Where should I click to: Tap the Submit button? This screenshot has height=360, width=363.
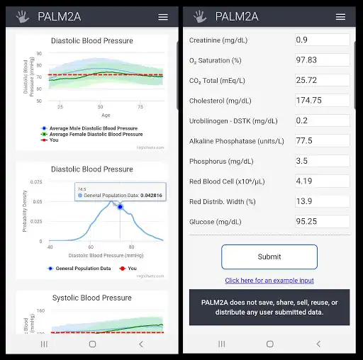coord(269,257)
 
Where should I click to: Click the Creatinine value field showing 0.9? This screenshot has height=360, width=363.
coord(322,40)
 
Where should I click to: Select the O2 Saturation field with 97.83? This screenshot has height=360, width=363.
coord(322,60)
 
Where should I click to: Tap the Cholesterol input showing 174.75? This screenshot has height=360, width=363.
coord(322,101)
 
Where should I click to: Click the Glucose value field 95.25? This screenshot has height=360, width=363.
coord(322,221)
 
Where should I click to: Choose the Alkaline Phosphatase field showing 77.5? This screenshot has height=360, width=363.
coord(322,140)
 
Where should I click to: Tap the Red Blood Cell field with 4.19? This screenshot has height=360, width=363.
coord(322,181)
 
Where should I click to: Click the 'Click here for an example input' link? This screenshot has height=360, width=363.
coord(269,281)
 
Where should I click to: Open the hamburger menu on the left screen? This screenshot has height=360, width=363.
coord(163,16)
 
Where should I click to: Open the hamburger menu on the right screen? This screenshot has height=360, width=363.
coord(340,16)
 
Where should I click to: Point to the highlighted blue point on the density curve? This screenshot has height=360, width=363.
coord(120,207)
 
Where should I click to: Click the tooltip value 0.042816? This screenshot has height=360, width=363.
coord(151,195)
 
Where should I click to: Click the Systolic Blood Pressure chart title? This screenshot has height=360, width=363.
coord(91,298)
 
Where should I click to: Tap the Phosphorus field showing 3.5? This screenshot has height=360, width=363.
coord(322,161)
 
